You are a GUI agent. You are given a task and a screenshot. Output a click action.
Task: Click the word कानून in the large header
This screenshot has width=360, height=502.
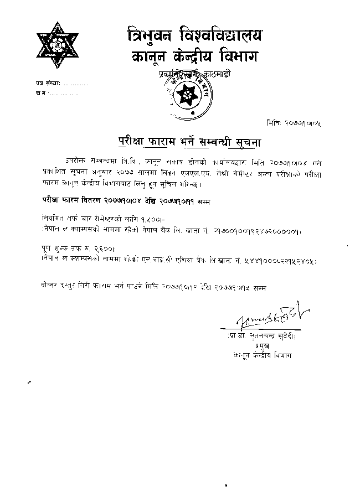(148, 57)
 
